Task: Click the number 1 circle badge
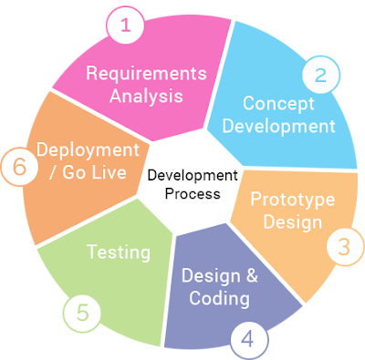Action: click(x=125, y=25)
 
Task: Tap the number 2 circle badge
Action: click(x=321, y=75)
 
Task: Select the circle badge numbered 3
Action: click(x=345, y=247)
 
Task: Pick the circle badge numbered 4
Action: click(x=249, y=340)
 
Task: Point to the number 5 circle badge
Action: click(x=82, y=314)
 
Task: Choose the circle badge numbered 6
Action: click(x=19, y=166)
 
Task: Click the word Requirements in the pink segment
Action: click(x=146, y=73)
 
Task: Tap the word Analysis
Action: click(x=146, y=96)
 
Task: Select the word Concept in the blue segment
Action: click(x=278, y=104)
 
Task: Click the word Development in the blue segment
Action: click(x=279, y=127)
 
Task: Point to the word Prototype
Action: click(x=293, y=200)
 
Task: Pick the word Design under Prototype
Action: click(x=293, y=222)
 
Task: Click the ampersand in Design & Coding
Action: click(x=252, y=276)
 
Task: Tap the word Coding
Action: click(x=219, y=298)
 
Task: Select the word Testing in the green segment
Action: click(x=119, y=252)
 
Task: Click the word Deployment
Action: click(x=88, y=150)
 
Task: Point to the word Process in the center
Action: click(x=193, y=194)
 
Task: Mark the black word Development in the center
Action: click(x=193, y=176)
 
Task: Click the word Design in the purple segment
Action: click(x=211, y=276)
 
